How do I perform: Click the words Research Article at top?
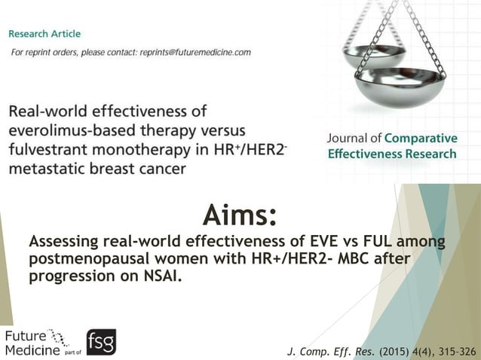coord(44,34)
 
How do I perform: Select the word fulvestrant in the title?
coord(51,150)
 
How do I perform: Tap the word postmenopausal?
coord(89,258)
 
